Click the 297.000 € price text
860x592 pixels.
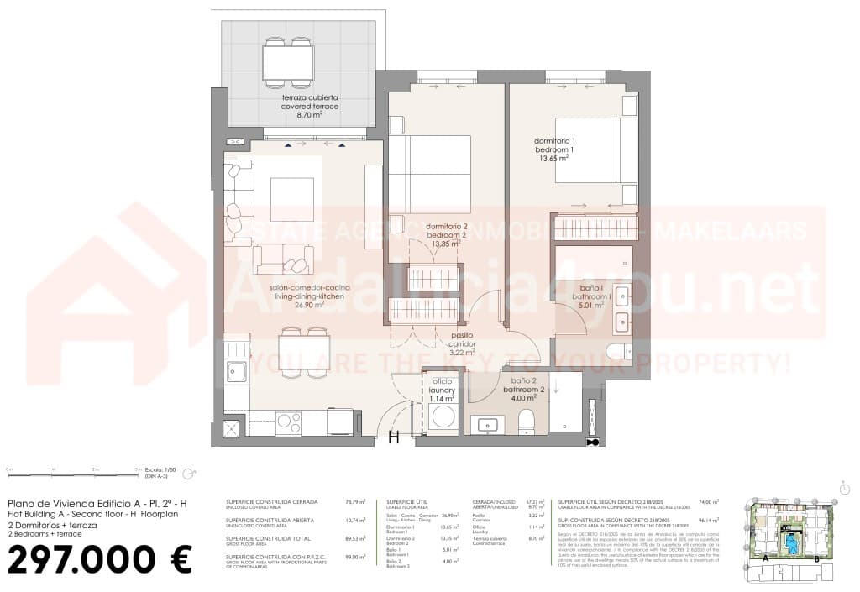pos(100,559)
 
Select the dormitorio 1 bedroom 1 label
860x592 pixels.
pos(555,148)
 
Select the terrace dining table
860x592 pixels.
pos(287,61)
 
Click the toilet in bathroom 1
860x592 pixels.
pos(618,351)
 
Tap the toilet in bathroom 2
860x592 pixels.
pos(527,419)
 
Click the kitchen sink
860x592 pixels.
pos(237,371)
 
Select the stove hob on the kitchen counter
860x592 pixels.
pos(289,422)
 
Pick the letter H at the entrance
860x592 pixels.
pos(393,436)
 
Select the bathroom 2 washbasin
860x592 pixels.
pos(486,425)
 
